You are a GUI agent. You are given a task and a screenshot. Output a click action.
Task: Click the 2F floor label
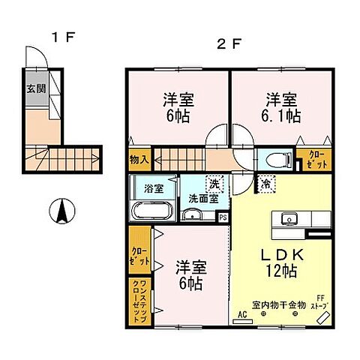(x=228, y=43)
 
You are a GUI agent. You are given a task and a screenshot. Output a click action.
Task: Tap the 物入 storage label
(x=139, y=160)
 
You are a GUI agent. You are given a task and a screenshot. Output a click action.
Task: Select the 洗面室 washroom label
(x=202, y=199)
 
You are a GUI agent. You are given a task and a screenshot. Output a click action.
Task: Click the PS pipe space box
(x=223, y=216)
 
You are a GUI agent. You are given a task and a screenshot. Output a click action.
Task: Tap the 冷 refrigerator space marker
(x=265, y=183)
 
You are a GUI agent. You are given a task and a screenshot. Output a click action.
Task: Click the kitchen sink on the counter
(x=289, y=218)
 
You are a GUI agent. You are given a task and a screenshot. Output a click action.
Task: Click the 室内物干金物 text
(x=278, y=304)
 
